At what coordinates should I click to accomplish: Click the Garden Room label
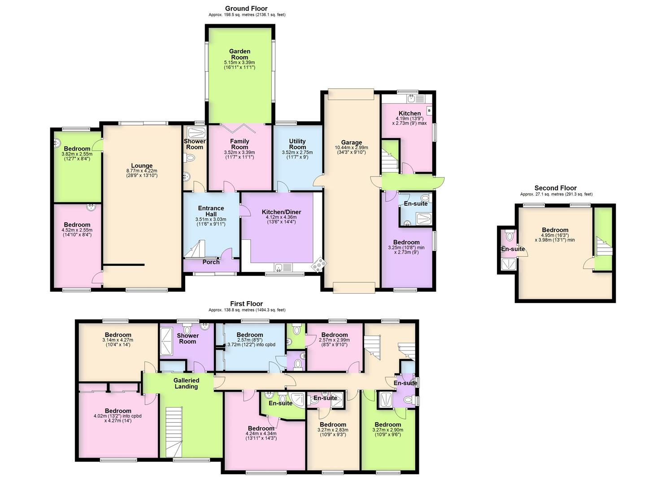pyautogui.click(x=239, y=54)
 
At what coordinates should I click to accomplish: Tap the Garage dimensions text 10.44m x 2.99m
pyautogui.click(x=351, y=147)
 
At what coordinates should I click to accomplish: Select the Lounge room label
pyautogui.click(x=142, y=166)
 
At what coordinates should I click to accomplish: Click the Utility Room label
pyautogui.click(x=297, y=144)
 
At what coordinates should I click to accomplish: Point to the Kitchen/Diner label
pyautogui.click(x=281, y=212)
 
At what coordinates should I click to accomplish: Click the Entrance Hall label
pyautogui.click(x=211, y=211)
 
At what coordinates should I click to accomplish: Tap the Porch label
pyautogui.click(x=211, y=262)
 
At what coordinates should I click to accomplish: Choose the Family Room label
pyautogui.click(x=239, y=144)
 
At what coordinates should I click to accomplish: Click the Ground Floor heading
pyautogui.click(x=246, y=9)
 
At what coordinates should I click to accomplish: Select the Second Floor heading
pyautogui.click(x=555, y=188)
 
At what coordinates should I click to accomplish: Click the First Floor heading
pyautogui.click(x=246, y=304)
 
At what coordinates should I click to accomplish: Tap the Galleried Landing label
pyautogui.click(x=186, y=383)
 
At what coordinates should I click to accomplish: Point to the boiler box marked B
pyautogui.click(x=429, y=110)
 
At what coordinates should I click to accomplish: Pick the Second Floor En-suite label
pyautogui.click(x=513, y=249)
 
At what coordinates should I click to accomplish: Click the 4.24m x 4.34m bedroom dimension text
pyautogui.click(x=261, y=433)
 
